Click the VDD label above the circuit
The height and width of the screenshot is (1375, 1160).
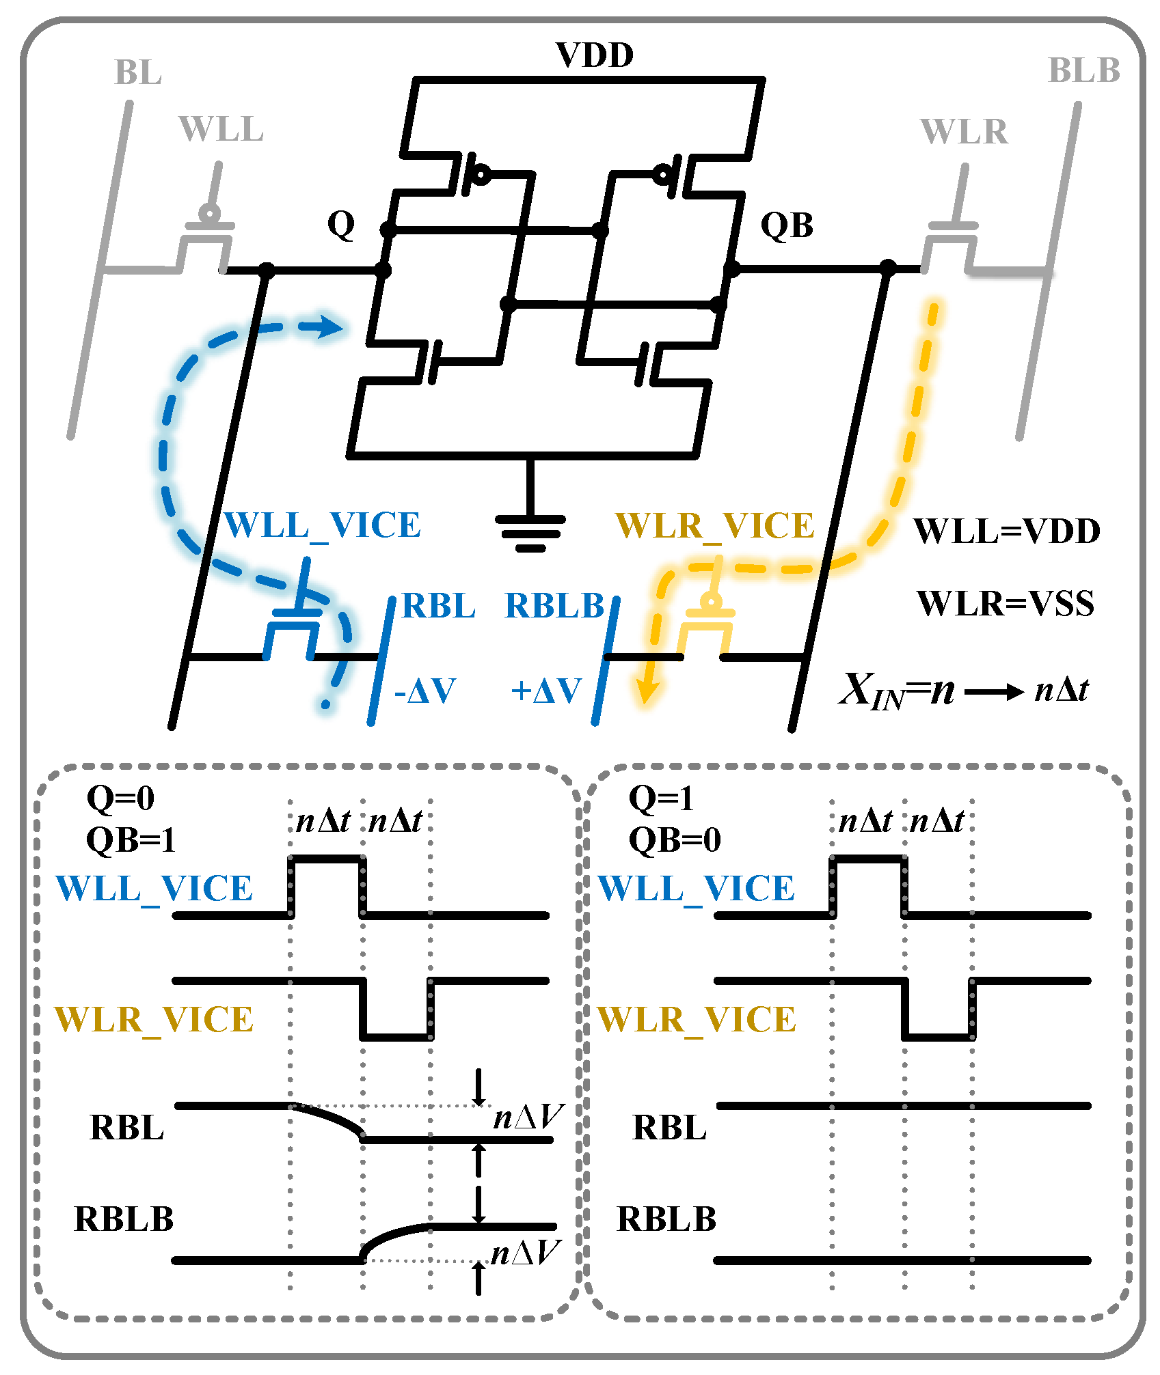(x=594, y=55)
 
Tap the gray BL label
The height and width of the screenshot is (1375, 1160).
(x=137, y=72)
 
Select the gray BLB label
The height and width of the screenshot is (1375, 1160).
(x=1083, y=71)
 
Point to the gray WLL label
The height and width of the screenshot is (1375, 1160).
(x=221, y=129)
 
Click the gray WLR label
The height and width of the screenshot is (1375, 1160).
(x=964, y=131)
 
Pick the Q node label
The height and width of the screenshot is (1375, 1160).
(x=341, y=224)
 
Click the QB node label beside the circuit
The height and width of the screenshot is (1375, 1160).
(x=787, y=225)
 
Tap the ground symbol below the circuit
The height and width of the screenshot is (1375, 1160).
(x=530, y=533)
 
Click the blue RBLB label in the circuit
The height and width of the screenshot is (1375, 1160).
(x=554, y=606)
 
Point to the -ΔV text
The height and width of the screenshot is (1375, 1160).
(x=424, y=691)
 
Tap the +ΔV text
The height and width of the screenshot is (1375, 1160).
(x=546, y=691)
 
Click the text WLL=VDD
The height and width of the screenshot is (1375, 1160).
(x=1006, y=531)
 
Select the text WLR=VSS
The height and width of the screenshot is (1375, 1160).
(x=1005, y=604)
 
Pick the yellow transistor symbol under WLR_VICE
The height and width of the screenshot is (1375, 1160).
(x=708, y=625)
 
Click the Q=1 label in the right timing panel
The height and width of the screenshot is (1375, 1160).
(x=660, y=798)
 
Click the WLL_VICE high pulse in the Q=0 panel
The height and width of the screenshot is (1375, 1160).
(x=326, y=859)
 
